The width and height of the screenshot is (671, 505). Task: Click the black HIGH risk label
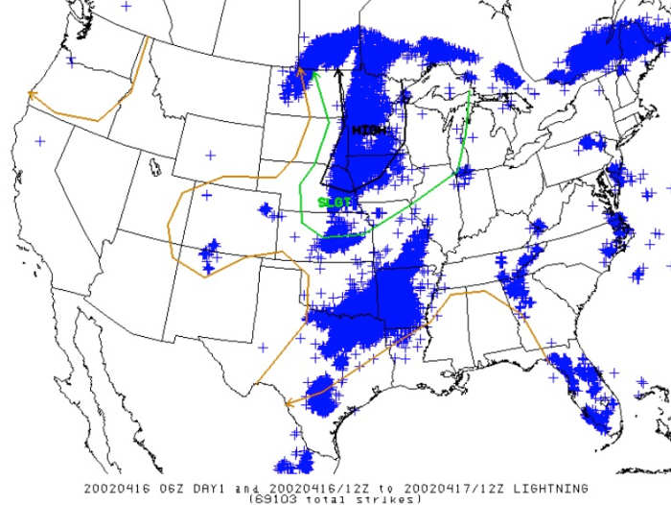368,130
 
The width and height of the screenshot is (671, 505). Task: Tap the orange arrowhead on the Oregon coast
32,94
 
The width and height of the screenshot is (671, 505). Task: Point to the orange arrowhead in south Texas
289,401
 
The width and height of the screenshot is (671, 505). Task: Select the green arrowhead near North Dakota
314,73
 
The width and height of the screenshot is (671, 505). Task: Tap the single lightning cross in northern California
39,140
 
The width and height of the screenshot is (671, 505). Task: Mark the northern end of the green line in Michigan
468,91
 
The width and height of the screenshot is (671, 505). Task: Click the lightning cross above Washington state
127,6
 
